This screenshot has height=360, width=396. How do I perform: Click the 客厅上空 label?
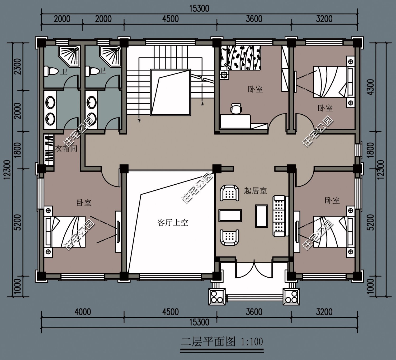coord(173,223)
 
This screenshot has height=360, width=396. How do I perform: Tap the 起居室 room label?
coord(255,191)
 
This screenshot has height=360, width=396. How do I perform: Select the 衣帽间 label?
coord(66,148)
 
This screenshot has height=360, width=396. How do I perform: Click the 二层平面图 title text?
coord(208,342)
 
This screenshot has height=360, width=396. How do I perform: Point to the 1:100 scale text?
coord(252,342)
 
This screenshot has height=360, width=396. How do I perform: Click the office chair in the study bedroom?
coord(236,109)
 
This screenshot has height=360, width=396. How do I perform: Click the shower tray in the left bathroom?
coord(69,57)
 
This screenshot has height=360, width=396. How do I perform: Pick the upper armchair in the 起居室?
coord(229,193)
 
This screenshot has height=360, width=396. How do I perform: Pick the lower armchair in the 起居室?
coord(229,237)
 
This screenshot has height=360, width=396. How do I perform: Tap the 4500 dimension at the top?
coord(171,19)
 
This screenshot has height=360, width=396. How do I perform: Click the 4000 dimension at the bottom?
coord(83,312)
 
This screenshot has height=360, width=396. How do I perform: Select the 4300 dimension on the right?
coord(371,87)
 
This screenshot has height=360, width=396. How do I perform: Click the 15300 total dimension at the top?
coord(199,9)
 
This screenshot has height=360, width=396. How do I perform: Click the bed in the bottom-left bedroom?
coord(65,231)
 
